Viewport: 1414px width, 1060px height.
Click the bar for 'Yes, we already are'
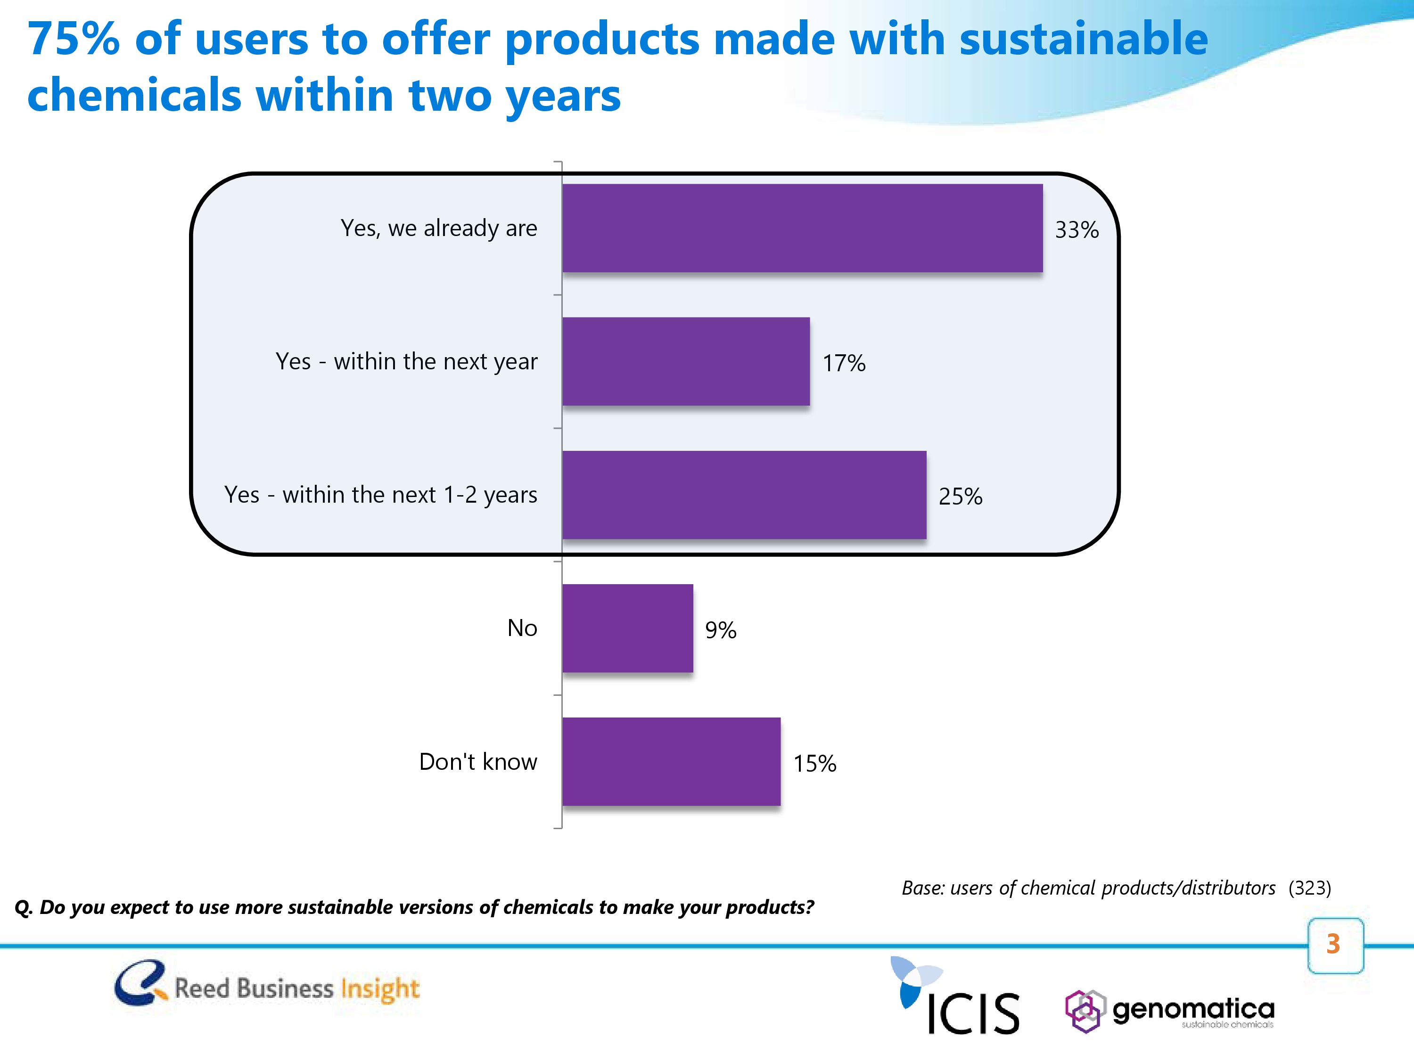(802, 228)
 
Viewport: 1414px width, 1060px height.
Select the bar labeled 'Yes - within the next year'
(686, 362)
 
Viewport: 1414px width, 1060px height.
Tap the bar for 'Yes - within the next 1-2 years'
(744, 495)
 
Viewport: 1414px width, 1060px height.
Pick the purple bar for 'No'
(627, 628)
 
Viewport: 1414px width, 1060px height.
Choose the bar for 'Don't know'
(671, 762)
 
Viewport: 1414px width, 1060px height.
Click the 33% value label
(1077, 230)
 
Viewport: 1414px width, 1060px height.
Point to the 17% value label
(844, 364)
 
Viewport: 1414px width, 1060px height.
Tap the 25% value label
(960, 497)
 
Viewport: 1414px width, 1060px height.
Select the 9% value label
(720, 630)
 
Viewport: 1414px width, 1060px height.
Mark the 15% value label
(814, 764)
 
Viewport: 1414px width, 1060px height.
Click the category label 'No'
(522, 628)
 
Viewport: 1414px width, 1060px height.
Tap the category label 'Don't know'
(477, 762)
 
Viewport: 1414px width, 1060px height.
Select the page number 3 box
(1335, 945)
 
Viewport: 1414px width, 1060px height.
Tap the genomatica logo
(1170, 1011)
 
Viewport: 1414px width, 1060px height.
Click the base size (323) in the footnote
(1309, 888)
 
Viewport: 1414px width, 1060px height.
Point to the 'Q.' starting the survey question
(24, 907)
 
